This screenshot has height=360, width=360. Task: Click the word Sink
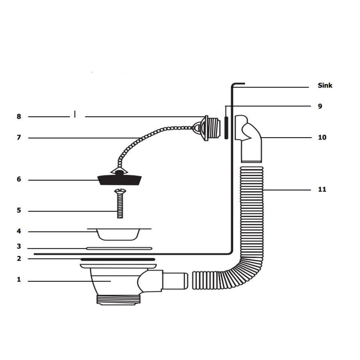325,85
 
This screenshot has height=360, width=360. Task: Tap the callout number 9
320,106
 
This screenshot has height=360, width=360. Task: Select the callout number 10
322,137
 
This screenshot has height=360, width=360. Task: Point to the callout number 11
322,189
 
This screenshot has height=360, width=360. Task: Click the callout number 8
19,117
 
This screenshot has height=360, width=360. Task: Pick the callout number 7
19,138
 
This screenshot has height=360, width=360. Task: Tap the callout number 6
19,180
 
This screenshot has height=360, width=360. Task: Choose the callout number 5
19,210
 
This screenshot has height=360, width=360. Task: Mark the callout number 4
19,231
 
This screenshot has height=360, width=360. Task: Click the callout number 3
19,247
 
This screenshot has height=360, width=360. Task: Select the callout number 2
19,259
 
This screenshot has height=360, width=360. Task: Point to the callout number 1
19,280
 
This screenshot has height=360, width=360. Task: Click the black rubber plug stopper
120,180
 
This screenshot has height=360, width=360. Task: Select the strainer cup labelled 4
119,234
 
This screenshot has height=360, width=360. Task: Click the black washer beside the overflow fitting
226,128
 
